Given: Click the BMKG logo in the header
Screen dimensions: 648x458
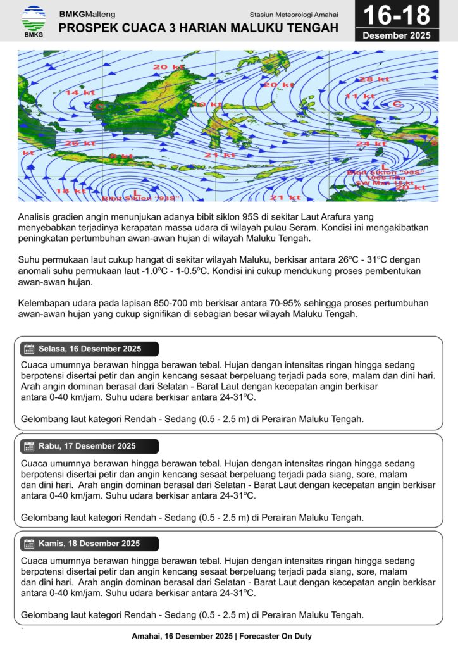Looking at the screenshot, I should tap(34, 20).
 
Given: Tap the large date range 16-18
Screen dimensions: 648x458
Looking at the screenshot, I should tap(397, 15).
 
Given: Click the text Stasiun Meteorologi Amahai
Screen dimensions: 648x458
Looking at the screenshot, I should tap(294, 14).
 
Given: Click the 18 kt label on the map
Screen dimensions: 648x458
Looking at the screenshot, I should tap(71, 190).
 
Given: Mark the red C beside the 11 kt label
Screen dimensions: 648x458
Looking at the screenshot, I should tap(397, 104).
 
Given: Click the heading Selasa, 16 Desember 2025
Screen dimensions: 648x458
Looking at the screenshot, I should tap(89, 349).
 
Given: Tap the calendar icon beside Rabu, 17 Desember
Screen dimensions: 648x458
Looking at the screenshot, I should tap(28, 446).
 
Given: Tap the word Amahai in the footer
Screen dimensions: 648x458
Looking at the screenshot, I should tap(147, 636).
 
